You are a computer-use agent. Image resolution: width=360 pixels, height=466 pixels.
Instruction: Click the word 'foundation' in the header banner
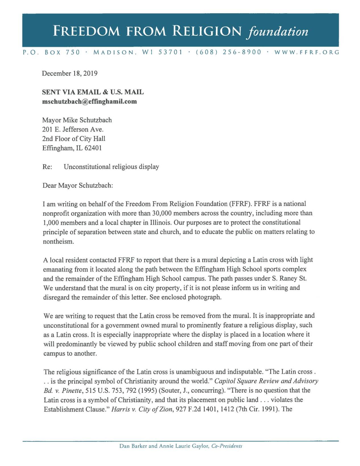[x=278, y=31]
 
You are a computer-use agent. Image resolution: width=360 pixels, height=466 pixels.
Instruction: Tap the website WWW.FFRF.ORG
[x=306, y=52]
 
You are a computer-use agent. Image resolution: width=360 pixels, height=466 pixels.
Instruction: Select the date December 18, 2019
[x=70, y=73]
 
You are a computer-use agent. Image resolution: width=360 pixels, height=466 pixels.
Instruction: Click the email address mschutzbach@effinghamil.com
[x=89, y=102]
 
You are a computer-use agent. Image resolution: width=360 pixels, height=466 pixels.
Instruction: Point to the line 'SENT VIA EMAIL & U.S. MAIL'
[x=93, y=92]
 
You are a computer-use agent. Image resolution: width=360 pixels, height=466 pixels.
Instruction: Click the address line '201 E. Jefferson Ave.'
[x=73, y=129]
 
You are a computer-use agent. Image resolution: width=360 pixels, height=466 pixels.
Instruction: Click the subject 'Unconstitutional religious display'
[x=111, y=167]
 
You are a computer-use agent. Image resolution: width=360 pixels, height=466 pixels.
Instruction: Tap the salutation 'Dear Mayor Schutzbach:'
[x=78, y=185]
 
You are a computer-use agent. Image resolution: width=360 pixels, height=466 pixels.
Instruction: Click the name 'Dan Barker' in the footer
[x=132, y=446]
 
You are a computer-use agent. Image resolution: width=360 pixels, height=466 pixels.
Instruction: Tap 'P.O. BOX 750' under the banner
[x=51, y=52]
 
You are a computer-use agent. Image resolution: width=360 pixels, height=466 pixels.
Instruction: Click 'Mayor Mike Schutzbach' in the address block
[x=77, y=120]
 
